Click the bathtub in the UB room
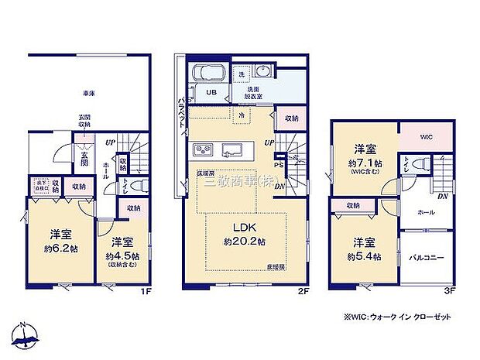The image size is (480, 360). [208, 74]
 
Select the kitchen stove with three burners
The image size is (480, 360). [204, 149]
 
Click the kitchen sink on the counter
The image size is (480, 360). [233, 149]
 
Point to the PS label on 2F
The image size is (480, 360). [279, 164]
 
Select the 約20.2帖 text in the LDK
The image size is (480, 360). [247, 241]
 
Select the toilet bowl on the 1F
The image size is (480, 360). [138, 186]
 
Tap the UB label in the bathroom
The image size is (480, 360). [211, 93]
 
